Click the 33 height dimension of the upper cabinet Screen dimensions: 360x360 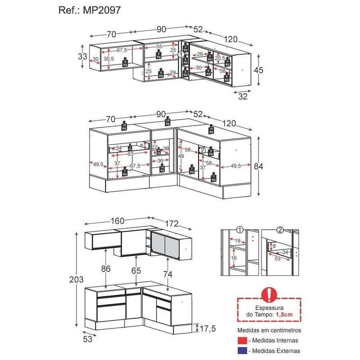click(82, 57)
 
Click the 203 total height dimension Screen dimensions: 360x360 click(76, 279)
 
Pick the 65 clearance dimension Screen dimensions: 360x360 click(136, 270)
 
